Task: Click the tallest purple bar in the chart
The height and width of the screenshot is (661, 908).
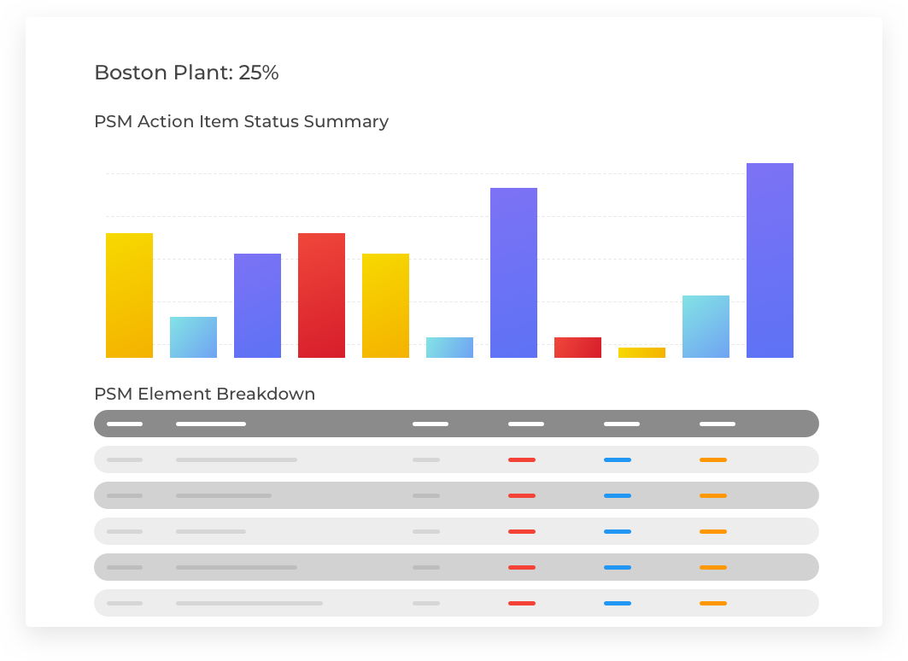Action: [x=770, y=260]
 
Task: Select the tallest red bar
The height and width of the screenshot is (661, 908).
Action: [x=321, y=295]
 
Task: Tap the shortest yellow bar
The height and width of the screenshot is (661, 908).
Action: [x=641, y=353]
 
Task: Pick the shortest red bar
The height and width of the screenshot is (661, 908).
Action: [x=577, y=348]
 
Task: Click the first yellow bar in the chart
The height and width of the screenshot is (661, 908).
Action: [x=129, y=295]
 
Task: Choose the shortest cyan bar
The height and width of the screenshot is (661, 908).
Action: [x=449, y=348]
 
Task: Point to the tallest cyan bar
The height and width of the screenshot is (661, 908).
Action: [x=706, y=326]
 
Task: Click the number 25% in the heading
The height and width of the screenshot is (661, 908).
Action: [x=259, y=73]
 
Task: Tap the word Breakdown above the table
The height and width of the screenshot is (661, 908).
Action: [x=266, y=394]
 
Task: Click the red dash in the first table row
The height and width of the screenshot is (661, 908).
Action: [x=522, y=459]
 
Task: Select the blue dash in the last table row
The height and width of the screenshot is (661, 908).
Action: [x=618, y=603]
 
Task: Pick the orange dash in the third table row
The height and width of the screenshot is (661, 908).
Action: [x=713, y=531]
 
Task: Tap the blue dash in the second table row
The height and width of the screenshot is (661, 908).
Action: [x=618, y=495]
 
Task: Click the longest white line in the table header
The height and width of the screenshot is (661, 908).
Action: [x=211, y=424]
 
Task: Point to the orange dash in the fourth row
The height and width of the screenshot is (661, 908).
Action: [x=713, y=567]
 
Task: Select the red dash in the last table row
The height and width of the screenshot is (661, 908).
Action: [x=522, y=603]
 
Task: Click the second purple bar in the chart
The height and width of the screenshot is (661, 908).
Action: [x=513, y=273]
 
